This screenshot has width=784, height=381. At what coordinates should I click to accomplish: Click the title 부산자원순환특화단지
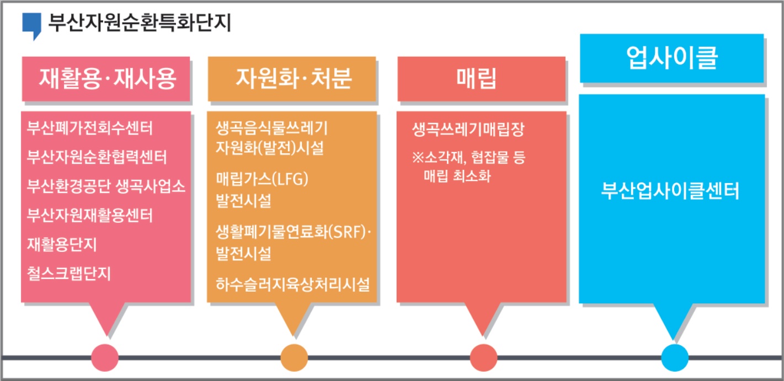point(140,23)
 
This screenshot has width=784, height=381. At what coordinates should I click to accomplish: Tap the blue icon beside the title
point(31,25)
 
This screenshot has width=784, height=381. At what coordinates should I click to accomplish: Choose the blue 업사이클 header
point(671,58)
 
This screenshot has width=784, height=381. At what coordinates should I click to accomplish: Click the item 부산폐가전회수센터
point(89,128)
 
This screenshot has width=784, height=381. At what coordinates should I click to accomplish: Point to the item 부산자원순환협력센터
point(97,157)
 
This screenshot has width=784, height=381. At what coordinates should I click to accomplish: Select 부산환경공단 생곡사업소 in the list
point(106,186)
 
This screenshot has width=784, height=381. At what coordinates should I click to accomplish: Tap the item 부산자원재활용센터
point(89,214)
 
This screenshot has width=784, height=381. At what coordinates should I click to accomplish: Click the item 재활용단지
point(62,243)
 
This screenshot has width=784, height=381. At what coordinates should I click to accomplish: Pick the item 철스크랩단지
point(68,272)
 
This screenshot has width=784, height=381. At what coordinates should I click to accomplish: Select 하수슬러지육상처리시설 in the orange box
point(292,285)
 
